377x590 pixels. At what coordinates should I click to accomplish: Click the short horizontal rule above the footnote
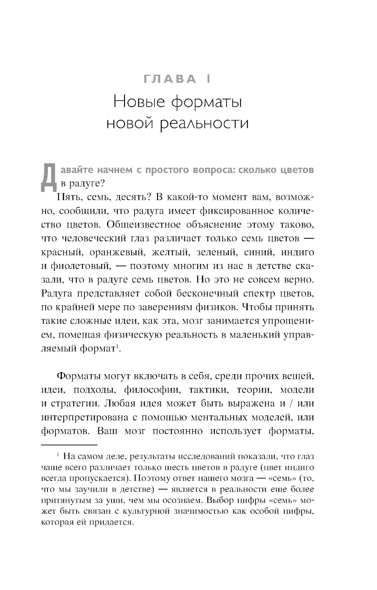69,445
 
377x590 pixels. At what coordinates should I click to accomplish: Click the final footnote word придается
115,523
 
